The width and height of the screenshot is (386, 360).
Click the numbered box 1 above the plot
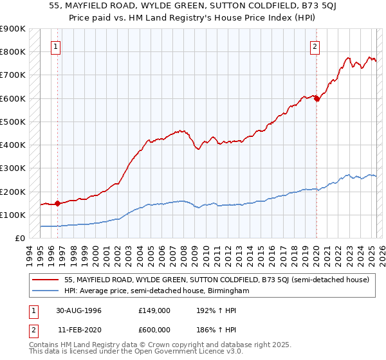pyautogui.click(x=56, y=46)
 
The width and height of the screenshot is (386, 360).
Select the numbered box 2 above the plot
pyautogui.click(x=315, y=46)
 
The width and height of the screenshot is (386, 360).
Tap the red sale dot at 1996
pyautogui.click(x=57, y=204)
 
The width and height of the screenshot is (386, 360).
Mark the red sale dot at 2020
pyautogui.click(x=317, y=99)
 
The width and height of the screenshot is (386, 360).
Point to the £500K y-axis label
pyautogui.click(x=13, y=122)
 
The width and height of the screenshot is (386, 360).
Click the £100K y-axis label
pyautogui.click(x=13, y=215)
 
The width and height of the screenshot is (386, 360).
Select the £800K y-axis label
pyautogui.click(x=13, y=51)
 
